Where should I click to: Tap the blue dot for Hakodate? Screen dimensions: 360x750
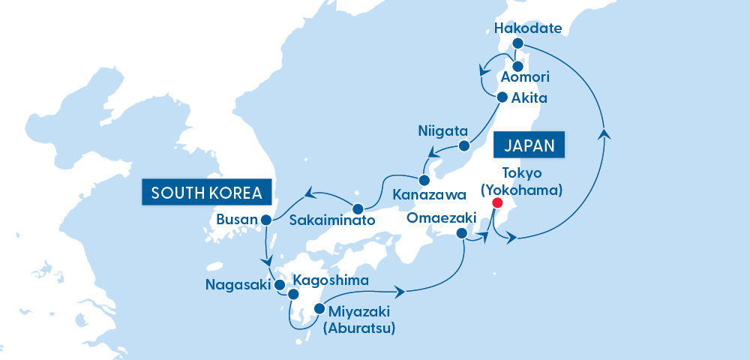pyautogui.click(x=517, y=44)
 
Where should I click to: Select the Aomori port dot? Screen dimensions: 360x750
pyautogui.click(x=517, y=65)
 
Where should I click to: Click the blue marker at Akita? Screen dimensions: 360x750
pyautogui.click(x=502, y=96)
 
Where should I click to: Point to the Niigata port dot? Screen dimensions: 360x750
pyautogui.click(x=464, y=145)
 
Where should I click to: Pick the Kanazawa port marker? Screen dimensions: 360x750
pyautogui.click(x=424, y=181)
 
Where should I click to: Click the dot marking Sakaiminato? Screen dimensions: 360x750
pyautogui.click(x=358, y=208)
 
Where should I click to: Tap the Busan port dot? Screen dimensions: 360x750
pyautogui.click(x=265, y=220)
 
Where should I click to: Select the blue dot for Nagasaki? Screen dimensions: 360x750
pyautogui.click(x=280, y=285)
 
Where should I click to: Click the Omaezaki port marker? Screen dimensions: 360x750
pyautogui.click(x=461, y=234)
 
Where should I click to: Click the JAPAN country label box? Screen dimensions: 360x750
pyautogui.click(x=529, y=145)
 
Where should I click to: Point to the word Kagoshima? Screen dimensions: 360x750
pyautogui.click(x=330, y=280)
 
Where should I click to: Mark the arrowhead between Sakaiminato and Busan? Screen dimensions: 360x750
pyautogui.click(x=308, y=196)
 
